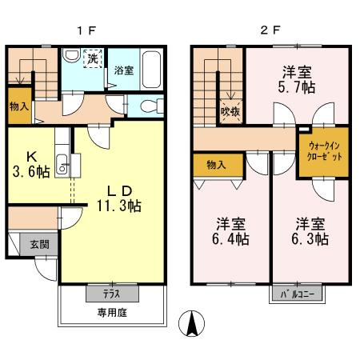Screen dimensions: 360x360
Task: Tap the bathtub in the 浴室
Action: [151, 65]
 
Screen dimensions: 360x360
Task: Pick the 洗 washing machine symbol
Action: [94, 58]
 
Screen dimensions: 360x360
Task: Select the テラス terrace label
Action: [111, 294]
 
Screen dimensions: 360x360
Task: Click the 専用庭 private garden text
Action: [111, 311]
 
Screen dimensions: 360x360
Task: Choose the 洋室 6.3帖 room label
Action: [310, 230]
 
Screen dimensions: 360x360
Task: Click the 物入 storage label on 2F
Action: [215, 165]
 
